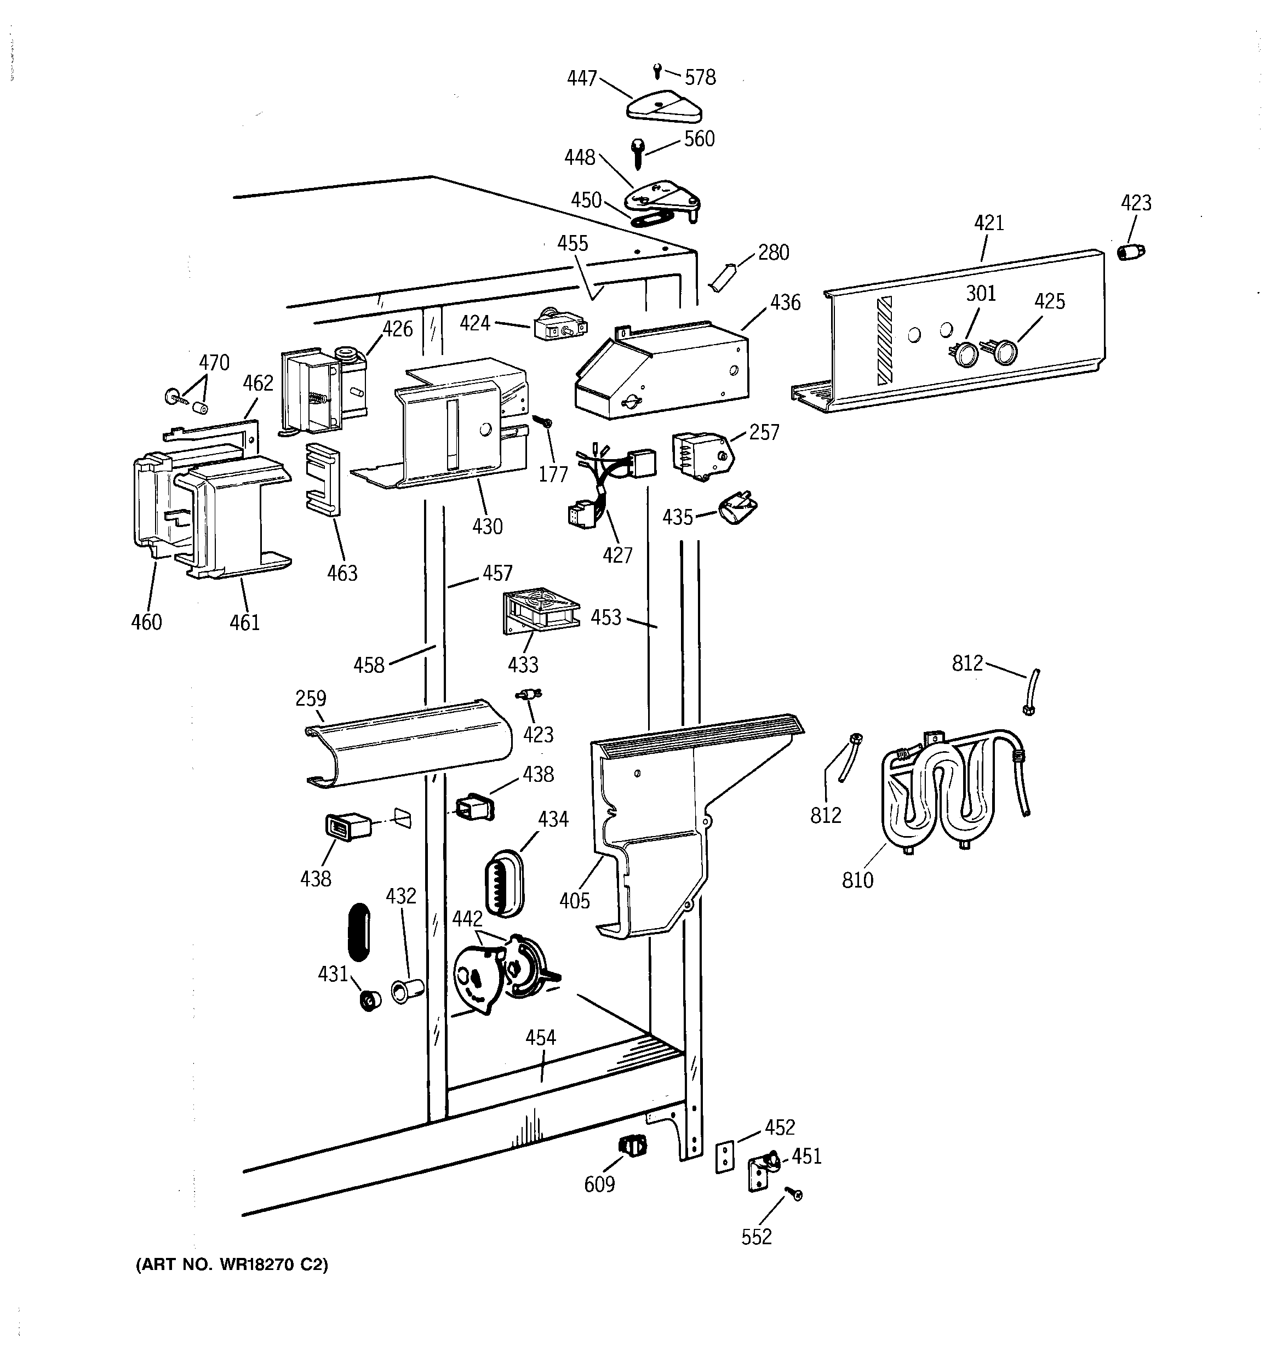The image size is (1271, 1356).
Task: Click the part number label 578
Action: click(700, 78)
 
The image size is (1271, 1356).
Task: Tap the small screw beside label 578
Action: click(657, 70)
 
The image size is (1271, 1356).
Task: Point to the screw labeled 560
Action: click(639, 153)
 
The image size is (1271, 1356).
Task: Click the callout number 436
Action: click(785, 302)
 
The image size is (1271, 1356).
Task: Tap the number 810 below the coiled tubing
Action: click(857, 880)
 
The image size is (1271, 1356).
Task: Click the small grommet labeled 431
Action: click(370, 1000)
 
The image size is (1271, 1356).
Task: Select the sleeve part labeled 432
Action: click(407, 991)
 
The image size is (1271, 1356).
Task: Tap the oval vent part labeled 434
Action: click(503, 882)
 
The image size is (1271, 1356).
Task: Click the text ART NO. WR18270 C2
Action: click(232, 1265)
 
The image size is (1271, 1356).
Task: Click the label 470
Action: click(214, 362)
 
